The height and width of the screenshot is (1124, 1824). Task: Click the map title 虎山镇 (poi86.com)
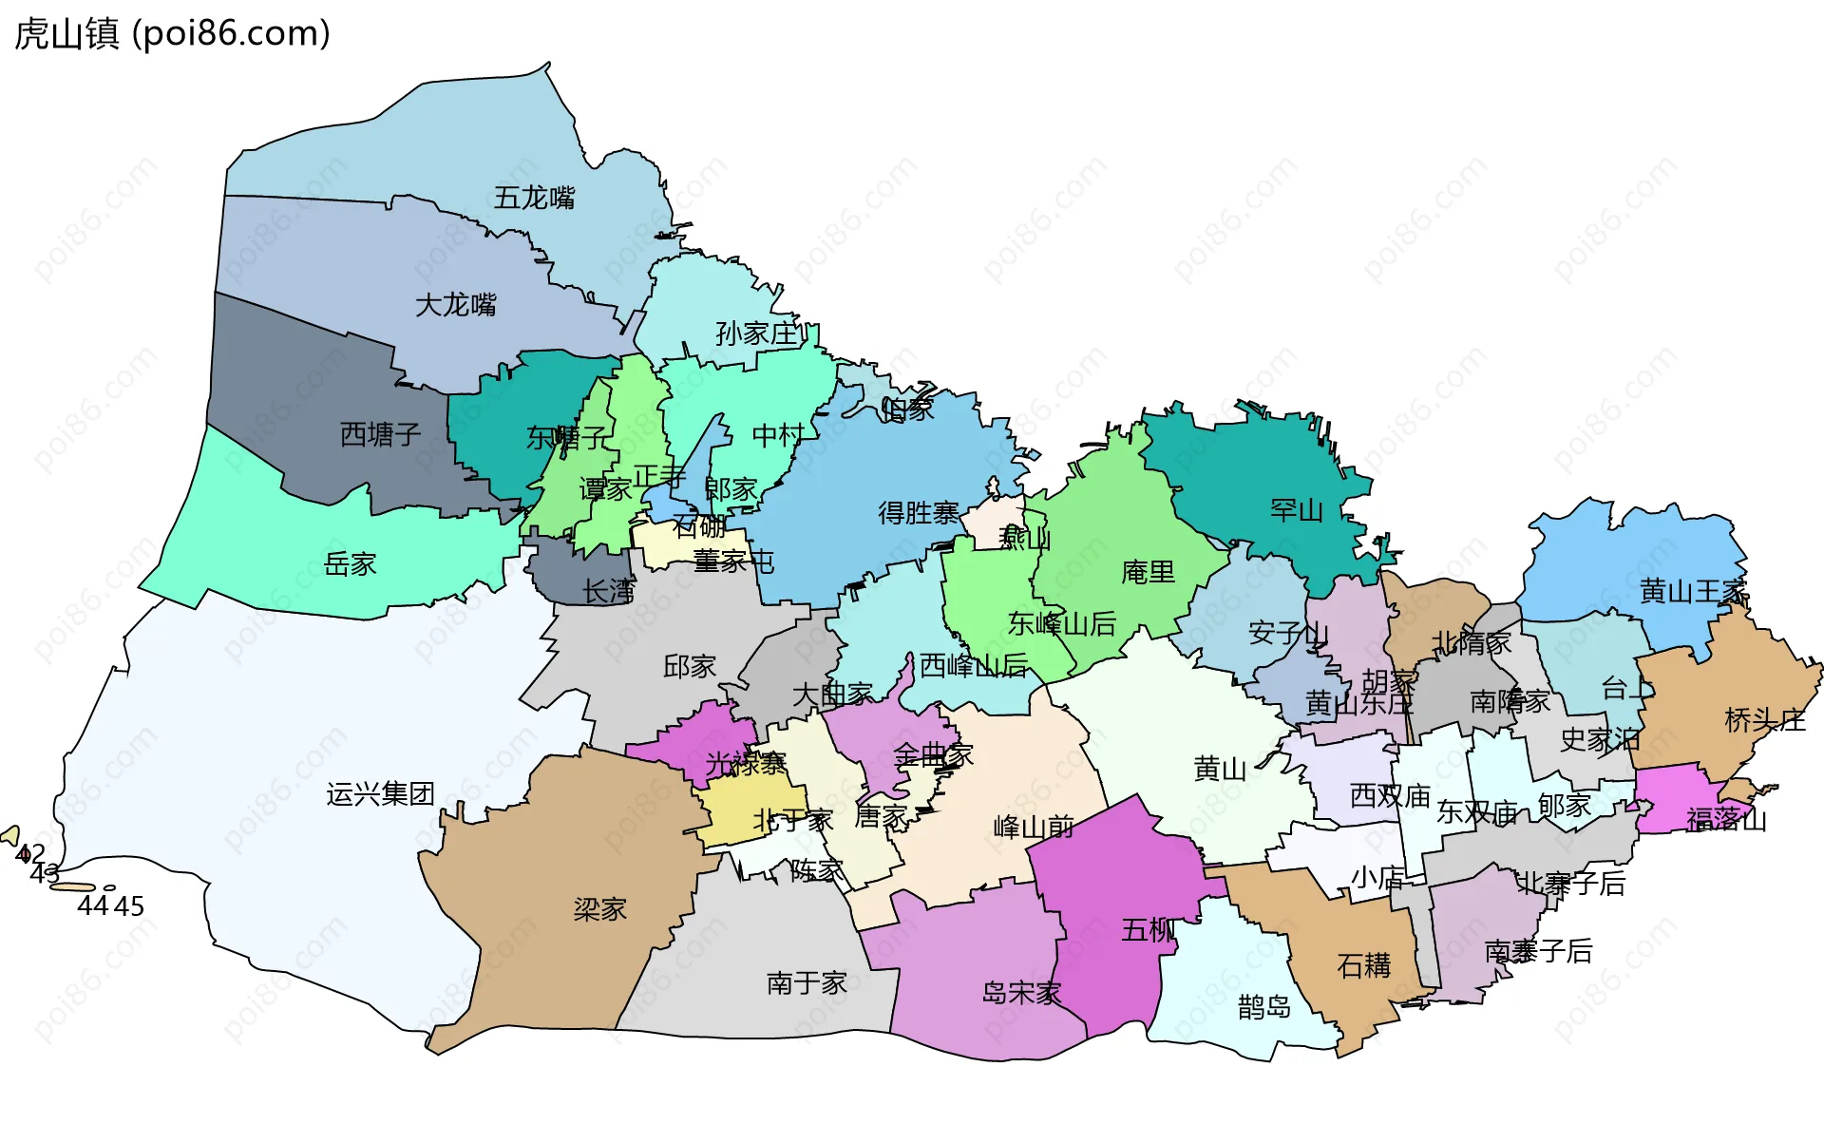(172, 34)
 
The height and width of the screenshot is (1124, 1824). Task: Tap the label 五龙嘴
(534, 198)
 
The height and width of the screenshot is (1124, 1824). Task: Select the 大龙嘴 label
(456, 305)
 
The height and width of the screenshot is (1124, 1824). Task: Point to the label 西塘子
(380, 434)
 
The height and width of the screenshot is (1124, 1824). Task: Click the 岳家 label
(350, 564)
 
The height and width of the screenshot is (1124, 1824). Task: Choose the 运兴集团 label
(380, 793)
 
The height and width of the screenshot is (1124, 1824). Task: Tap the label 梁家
(599, 909)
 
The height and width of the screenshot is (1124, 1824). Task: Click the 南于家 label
(807, 982)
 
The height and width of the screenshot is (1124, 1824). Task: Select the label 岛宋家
(1021, 993)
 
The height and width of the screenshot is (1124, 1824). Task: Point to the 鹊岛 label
(1263, 1006)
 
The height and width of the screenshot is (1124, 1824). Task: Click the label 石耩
(1363, 965)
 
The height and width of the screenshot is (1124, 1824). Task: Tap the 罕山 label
(1296, 510)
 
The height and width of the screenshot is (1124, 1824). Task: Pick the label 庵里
(1148, 572)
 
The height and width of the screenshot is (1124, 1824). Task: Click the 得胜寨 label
(918, 513)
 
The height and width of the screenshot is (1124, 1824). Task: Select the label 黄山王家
(1693, 591)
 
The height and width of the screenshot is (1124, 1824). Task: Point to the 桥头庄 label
(1764, 720)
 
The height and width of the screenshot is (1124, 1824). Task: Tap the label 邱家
(689, 666)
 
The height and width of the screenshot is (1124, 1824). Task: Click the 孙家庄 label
(756, 333)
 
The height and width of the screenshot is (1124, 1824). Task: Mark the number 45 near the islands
(129, 906)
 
